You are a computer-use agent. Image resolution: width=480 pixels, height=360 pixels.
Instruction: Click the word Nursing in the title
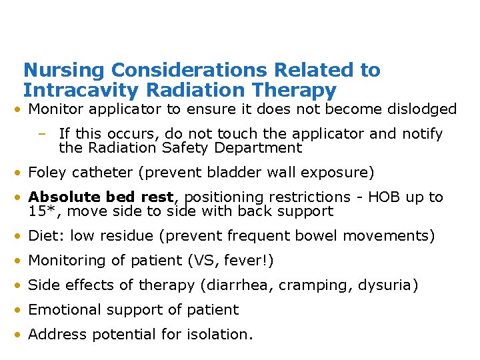point(64,70)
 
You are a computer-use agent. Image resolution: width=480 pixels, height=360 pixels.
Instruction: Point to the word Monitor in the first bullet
point(55,109)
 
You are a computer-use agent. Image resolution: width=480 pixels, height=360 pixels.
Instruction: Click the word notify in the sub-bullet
point(421,134)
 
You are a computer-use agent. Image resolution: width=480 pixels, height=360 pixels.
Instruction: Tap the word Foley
point(47,173)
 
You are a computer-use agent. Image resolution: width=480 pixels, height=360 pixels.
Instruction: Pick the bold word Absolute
point(61,197)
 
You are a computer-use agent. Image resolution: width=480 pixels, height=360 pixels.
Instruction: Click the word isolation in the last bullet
point(219,335)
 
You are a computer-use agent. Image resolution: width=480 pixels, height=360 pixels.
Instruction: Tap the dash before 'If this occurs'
point(42,134)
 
